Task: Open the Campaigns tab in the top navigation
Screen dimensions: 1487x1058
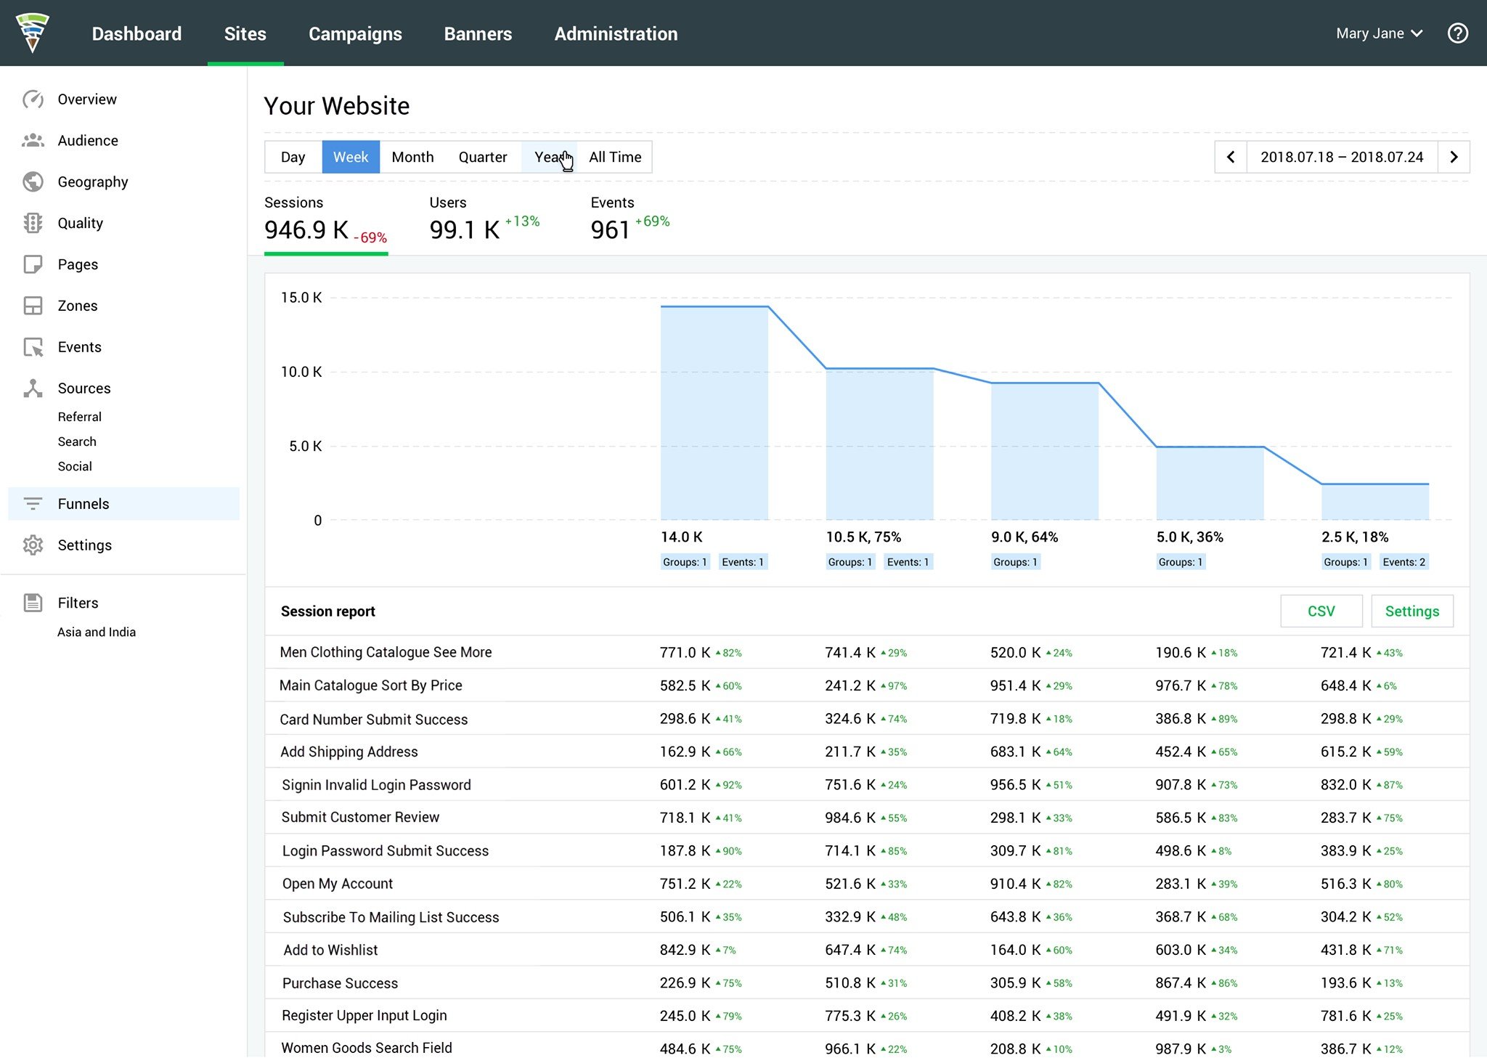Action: click(x=355, y=33)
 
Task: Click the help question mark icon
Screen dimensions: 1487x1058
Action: click(x=1457, y=33)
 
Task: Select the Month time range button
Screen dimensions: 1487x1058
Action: click(x=412, y=157)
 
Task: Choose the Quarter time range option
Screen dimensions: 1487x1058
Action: click(x=483, y=157)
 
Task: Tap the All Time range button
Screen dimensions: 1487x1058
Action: click(x=615, y=157)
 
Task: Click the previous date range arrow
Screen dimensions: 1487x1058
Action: click(x=1231, y=157)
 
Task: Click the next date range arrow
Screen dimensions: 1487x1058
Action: click(x=1454, y=157)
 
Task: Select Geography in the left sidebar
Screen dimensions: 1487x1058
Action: click(x=93, y=182)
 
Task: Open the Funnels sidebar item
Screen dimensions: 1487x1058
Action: click(x=83, y=504)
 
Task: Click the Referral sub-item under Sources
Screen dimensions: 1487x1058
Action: click(x=80, y=417)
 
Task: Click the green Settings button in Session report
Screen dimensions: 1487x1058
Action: click(x=1412, y=611)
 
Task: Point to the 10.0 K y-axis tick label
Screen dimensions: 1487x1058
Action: click(x=301, y=372)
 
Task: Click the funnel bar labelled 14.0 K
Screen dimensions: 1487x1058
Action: click(x=714, y=412)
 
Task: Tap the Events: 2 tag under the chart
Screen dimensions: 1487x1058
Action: click(x=1404, y=562)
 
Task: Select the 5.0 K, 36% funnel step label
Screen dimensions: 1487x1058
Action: click(x=1190, y=537)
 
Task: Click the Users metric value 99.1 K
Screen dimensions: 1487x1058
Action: click(x=465, y=230)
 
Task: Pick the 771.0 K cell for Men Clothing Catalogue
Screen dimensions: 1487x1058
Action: click(x=685, y=653)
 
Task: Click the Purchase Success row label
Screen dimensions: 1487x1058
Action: click(x=341, y=983)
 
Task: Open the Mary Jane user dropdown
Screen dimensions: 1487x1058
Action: click(x=1379, y=33)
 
